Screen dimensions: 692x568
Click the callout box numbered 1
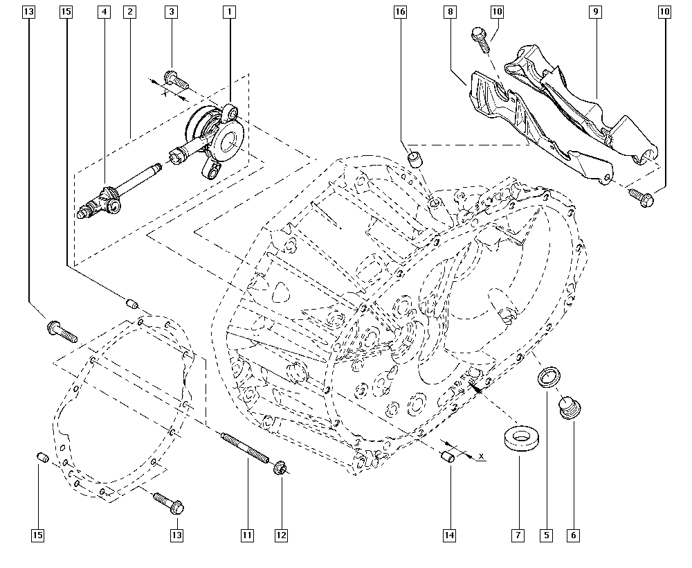tap(229, 12)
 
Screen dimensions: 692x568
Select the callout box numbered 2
tap(129, 12)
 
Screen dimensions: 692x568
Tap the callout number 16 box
tap(400, 12)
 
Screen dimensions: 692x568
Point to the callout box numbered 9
tap(595, 12)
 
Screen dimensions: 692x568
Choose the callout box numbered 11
tap(247, 535)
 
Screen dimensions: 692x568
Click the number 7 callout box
tap(518, 535)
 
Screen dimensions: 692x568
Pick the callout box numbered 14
tap(449, 535)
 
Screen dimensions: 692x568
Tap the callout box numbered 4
tap(104, 12)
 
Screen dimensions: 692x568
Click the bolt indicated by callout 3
tap(176, 80)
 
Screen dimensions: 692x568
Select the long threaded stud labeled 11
tap(246, 448)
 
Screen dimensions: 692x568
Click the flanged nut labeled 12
tap(279, 468)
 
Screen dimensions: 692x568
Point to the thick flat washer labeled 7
tap(521, 438)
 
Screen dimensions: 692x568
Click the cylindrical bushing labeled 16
tap(416, 159)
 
